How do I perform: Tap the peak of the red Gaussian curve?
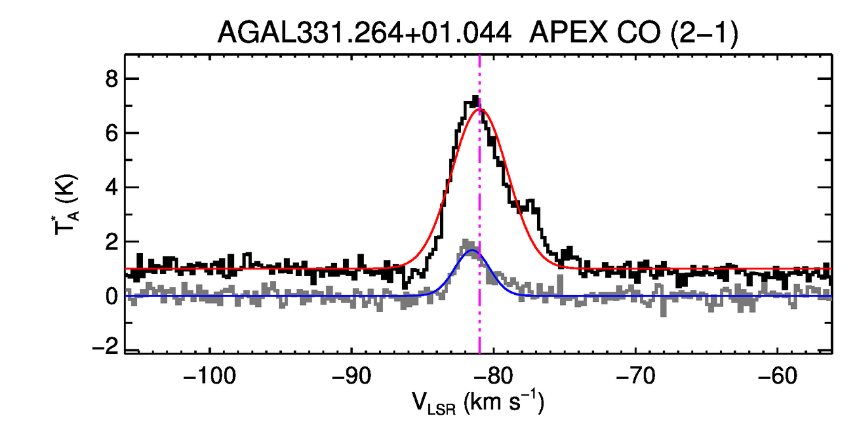(481, 109)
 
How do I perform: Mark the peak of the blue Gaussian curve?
(472, 251)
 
